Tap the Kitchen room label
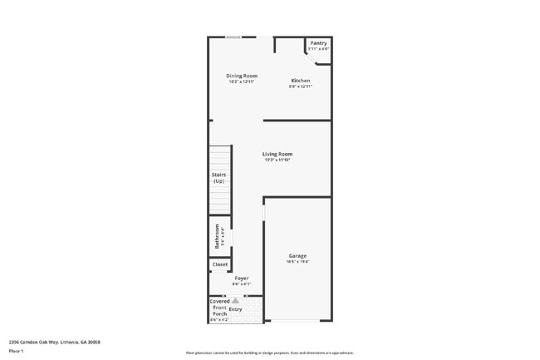coord(300,81)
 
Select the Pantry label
coord(318,43)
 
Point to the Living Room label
coord(277,154)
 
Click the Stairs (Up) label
coord(219,177)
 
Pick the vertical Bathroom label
coord(218,237)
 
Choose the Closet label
coord(220,264)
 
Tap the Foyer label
coord(242,278)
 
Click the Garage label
coord(297,255)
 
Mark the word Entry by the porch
coord(236,309)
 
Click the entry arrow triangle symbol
coord(235,300)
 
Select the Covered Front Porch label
coord(219,308)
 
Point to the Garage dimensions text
coord(297,262)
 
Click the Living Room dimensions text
coord(277,160)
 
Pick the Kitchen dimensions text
coord(300,86)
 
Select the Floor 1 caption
coord(17,351)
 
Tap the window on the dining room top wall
coord(235,37)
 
